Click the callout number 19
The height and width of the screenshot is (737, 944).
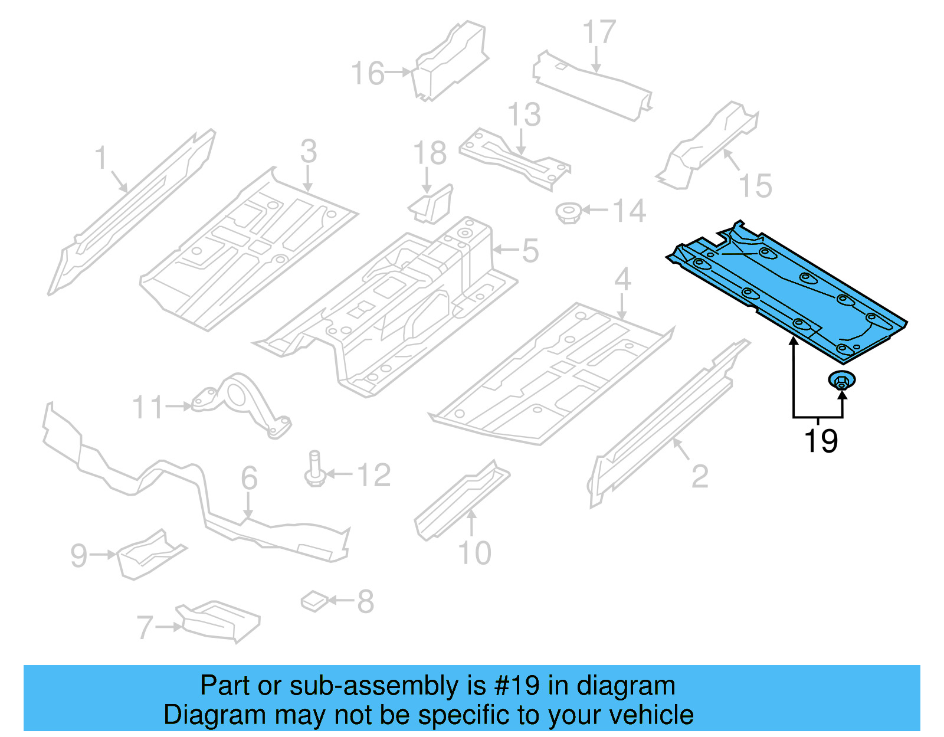(x=820, y=441)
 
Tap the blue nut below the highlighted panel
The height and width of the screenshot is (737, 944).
(x=842, y=381)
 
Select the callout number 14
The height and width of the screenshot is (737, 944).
(x=629, y=211)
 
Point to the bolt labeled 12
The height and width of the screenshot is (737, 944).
(x=314, y=470)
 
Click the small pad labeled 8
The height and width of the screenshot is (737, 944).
(x=314, y=601)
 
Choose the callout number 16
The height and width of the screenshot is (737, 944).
(x=367, y=73)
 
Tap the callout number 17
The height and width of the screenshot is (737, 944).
(x=599, y=32)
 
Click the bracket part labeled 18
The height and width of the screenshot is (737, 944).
(x=432, y=204)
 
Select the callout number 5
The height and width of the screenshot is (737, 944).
(x=530, y=251)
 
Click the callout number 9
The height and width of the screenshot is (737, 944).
(x=78, y=555)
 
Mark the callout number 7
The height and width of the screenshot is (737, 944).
(x=145, y=627)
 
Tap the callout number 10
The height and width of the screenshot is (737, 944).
(x=474, y=553)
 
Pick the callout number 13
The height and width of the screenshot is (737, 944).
(x=524, y=114)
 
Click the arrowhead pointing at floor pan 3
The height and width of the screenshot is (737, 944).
(x=308, y=187)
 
